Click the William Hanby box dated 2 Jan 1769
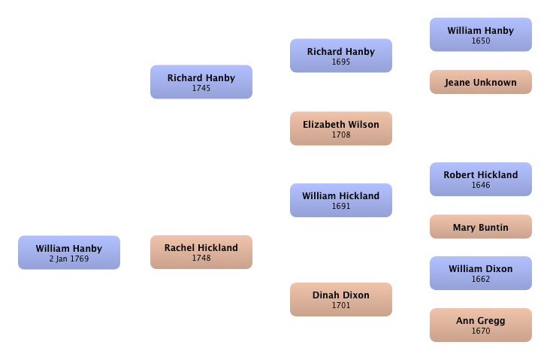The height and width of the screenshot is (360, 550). pos(69,253)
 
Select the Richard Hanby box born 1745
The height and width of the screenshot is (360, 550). pos(201,82)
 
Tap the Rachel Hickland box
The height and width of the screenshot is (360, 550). pos(201,253)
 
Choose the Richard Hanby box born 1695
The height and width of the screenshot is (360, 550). pos(341,56)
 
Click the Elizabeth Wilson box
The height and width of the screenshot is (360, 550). pos(341,129)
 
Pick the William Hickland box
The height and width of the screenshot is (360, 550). pos(341,201)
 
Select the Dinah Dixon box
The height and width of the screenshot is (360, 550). pos(341,300)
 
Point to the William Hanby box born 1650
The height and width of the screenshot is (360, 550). pos(481,35)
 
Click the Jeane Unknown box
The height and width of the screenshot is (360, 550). pos(481,82)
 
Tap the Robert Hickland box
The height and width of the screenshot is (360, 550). pos(481,180)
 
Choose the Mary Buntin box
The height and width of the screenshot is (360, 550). pos(481,227)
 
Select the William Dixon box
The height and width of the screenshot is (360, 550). pos(481,274)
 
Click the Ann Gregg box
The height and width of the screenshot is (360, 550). pos(481,325)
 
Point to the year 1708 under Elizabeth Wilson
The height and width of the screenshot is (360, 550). pos(341,135)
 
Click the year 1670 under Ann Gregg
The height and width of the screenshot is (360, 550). pos(481,331)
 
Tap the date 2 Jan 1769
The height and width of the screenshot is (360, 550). pos(69,259)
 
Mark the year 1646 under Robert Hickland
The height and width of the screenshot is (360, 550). pos(481,185)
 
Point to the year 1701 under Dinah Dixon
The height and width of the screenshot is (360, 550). pos(341,305)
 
